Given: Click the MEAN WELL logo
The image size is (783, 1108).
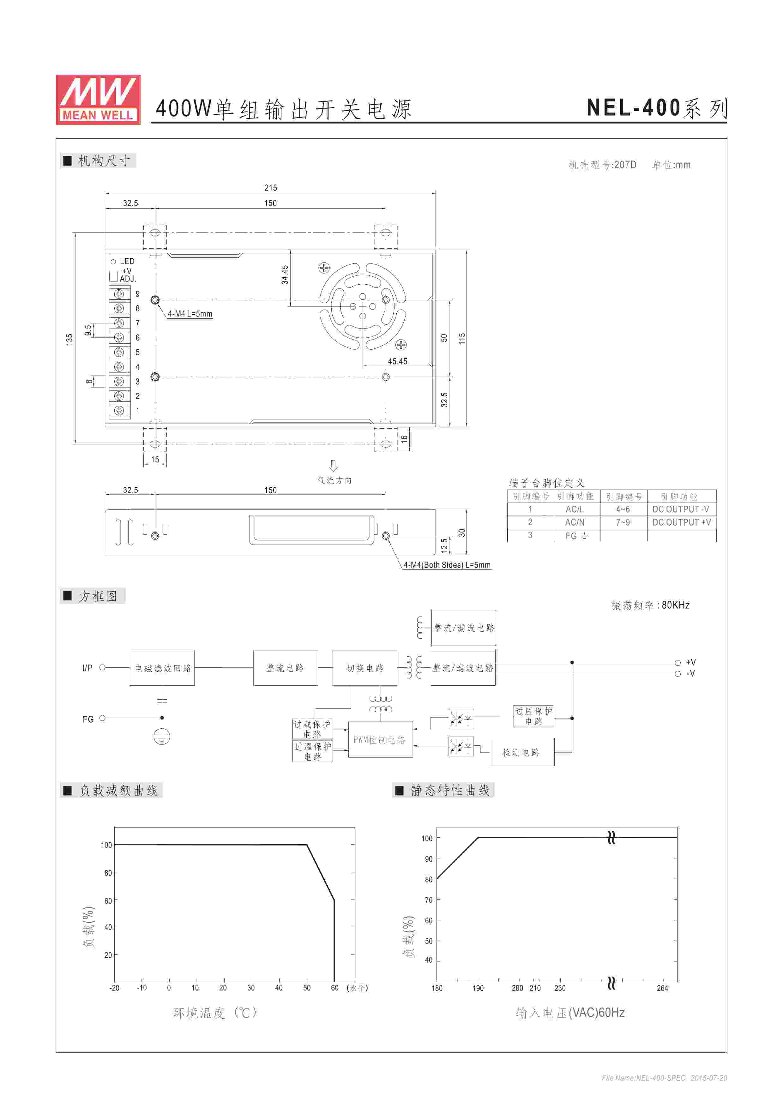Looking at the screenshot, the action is click(98, 99).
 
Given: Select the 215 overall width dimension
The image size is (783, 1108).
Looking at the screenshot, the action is click(271, 188).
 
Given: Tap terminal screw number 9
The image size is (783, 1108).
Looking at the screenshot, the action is click(119, 294).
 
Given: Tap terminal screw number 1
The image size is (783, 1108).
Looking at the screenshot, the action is click(119, 411).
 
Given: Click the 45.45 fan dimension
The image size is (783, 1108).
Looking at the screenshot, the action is click(398, 361).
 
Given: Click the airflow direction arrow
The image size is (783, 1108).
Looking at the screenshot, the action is click(333, 466).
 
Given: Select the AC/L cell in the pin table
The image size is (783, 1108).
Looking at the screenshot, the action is click(575, 509).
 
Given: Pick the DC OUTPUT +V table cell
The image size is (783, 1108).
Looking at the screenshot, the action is click(682, 522).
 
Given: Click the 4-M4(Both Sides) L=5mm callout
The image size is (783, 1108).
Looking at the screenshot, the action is click(447, 565).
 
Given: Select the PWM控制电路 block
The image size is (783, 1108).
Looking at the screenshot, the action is click(380, 739).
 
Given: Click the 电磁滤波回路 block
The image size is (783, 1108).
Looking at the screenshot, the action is click(162, 668).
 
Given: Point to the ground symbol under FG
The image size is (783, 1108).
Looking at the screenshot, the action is click(162, 737).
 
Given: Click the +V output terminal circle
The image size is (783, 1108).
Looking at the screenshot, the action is click(678, 663).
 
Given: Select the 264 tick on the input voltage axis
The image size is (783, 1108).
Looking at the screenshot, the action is click(662, 988).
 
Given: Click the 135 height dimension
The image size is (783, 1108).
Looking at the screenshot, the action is click(69, 339).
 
